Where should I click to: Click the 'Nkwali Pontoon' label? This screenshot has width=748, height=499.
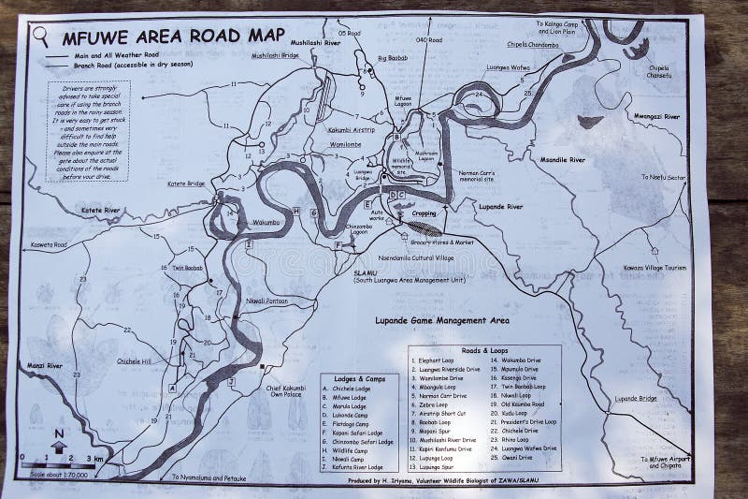click(266, 301)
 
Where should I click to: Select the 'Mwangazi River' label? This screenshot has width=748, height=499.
click(679, 118)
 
